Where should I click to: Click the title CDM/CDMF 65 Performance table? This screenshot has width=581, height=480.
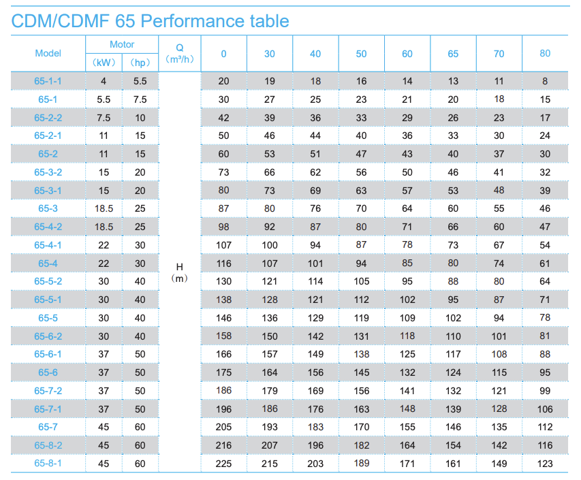click(150, 20)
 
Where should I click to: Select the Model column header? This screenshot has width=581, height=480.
click(48, 53)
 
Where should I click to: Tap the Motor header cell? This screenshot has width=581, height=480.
click(122, 44)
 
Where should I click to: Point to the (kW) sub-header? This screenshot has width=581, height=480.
click(104, 63)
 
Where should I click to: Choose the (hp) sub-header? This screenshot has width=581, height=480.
click(140, 63)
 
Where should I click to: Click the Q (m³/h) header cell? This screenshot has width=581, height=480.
click(180, 53)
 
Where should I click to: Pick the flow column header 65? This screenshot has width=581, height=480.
click(453, 54)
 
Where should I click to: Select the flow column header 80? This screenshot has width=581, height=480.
click(545, 54)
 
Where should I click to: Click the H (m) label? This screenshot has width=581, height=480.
click(180, 272)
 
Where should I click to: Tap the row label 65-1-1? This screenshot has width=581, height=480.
click(48, 81)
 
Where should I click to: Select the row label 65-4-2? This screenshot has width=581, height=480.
click(48, 227)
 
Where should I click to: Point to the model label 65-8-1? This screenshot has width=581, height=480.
click(48, 464)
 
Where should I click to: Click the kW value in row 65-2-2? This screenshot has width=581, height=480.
click(104, 118)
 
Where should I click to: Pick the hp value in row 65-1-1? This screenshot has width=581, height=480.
click(140, 81)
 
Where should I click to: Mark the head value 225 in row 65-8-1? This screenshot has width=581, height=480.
click(223, 464)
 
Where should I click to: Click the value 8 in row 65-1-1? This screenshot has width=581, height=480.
click(545, 81)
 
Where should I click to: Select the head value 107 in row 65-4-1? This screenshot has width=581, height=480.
click(223, 245)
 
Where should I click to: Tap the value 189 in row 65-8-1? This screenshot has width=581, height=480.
click(361, 464)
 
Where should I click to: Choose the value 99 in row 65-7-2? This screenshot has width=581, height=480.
click(545, 391)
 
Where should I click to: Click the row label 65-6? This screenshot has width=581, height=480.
click(48, 372)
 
